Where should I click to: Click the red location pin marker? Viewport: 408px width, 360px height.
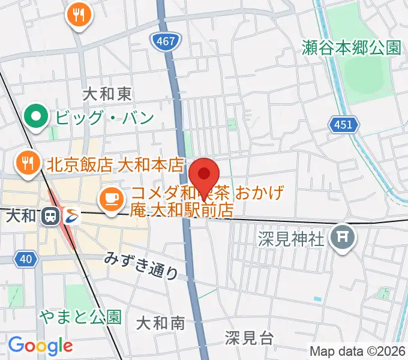[x=204, y=175]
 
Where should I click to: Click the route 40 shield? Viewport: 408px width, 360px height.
[x=25, y=259]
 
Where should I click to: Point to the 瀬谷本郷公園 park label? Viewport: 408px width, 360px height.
[x=352, y=48]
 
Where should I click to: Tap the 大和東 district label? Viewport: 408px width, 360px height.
[x=106, y=94]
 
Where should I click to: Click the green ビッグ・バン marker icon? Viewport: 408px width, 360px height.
[x=37, y=116]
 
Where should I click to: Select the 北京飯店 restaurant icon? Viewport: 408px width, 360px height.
[x=27, y=162]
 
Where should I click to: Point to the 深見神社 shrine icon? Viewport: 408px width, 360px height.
[x=344, y=236]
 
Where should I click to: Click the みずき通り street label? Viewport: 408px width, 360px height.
[x=142, y=265]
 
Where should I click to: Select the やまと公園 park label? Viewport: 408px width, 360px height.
[x=80, y=316]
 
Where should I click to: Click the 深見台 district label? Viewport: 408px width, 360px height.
[x=250, y=337]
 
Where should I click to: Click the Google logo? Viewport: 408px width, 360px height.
[x=40, y=345]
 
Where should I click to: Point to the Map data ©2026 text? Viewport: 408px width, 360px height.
[x=358, y=350]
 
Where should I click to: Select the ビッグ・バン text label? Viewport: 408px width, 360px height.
[x=105, y=117]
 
